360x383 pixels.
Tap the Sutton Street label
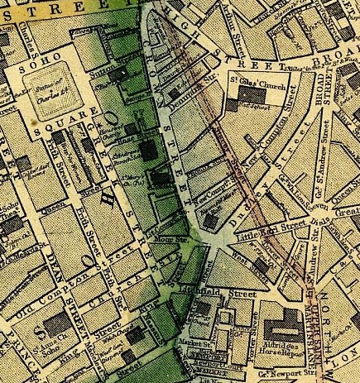pyautogui.click(x=110, y=73)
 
